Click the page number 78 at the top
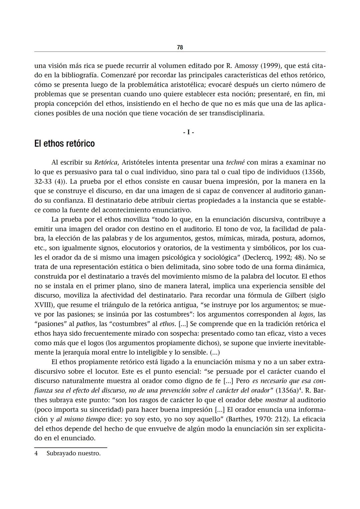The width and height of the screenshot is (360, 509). [x=180, y=47]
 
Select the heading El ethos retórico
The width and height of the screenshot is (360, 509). [x=64, y=144]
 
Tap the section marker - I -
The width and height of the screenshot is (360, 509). [x=188, y=132]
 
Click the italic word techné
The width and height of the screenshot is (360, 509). [x=235, y=163]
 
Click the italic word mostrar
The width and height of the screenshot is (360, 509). [x=276, y=400]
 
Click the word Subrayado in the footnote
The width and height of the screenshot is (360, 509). [x=61, y=453]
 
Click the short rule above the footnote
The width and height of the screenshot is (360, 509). [x=71, y=447]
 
